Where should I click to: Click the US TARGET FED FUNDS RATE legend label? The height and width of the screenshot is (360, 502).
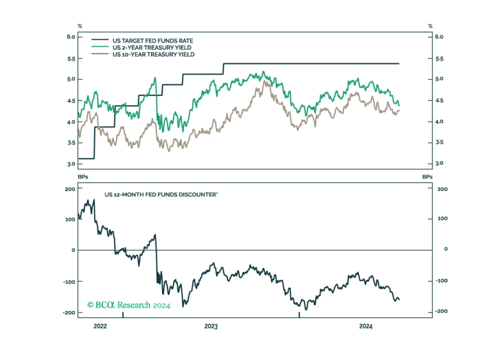pos(153,41)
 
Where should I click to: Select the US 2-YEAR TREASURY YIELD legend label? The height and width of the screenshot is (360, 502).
pos(152,48)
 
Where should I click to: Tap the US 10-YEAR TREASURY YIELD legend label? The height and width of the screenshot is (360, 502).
pos(153,54)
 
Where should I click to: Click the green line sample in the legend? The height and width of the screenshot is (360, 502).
pos(100,47)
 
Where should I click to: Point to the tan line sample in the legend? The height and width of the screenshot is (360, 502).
pos(100,53)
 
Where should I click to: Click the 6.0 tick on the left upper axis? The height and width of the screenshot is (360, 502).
pos(71,37)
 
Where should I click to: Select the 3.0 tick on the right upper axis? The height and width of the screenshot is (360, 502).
pos(439,163)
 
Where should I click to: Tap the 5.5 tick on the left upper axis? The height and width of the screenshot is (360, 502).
pos(71,59)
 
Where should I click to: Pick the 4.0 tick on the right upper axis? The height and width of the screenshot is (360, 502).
pos(439,121)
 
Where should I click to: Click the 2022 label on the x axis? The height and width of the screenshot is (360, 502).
pos(100,326)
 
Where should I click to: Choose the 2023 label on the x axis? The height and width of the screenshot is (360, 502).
pos(211,326)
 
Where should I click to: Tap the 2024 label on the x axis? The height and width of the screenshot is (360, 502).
pos(366,326)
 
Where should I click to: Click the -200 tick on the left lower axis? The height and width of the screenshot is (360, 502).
pos(69,313)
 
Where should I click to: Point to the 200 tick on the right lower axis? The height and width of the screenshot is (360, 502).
pos(442,189)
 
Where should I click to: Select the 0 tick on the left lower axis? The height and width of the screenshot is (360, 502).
pos(73,250)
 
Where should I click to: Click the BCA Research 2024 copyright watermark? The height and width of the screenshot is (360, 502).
pos(129,305)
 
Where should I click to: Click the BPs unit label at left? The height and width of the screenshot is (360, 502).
pos(83,177)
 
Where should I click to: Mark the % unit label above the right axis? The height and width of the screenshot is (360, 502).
pos(430,26)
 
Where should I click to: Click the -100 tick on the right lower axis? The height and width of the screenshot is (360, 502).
pos(442,281)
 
